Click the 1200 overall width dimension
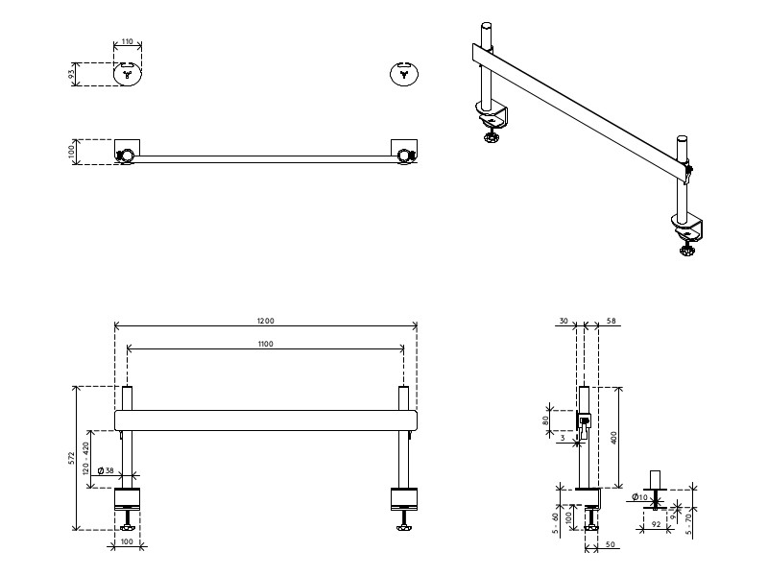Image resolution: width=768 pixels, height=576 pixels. pyautogui.click(x=266, y=319)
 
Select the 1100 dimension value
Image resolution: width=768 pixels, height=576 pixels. pyautogui.click(x=266, y=343)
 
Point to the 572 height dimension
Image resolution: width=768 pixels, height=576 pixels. pyautogui.click(x=72, y=458)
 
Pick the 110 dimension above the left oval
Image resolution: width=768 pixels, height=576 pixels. pyautogui.click(x=128, y=43)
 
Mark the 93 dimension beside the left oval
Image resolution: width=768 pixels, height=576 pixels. pyautogui.click(x=72, y=75)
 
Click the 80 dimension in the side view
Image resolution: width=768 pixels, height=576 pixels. pyautogui.click(x=546, y=420)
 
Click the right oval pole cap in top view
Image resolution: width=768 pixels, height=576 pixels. pyautogui.click(x=404, y=73)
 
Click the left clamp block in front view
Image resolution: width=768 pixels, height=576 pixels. pyautogui.click(x=128, y=498)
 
